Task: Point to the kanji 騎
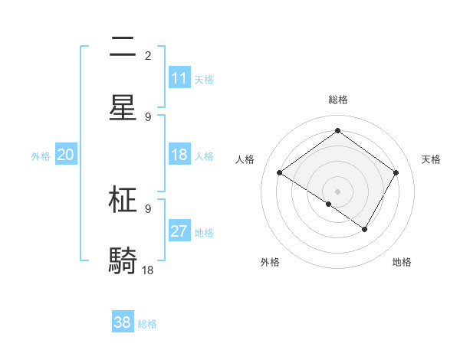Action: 123,260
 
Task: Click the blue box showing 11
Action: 179,78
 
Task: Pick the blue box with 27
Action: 179,231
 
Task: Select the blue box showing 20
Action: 65,155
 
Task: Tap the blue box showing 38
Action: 123,322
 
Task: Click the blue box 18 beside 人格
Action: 179,155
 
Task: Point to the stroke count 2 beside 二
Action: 148,56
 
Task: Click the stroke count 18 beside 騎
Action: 148,270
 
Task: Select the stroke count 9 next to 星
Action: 148,116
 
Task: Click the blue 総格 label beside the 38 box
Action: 147,324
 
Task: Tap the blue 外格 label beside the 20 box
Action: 41,156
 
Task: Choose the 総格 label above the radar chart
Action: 337,100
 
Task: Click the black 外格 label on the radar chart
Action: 270,262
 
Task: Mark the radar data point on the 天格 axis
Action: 396,172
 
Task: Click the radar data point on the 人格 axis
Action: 279,172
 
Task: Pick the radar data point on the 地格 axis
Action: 365,229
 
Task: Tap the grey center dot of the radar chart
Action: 337,191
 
